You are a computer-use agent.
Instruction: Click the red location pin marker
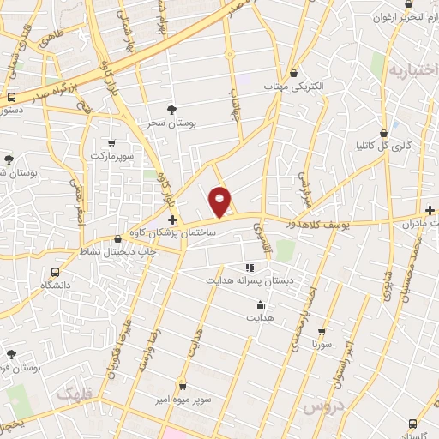tap(220, 200)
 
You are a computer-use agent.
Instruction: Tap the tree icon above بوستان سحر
tap(172, 109)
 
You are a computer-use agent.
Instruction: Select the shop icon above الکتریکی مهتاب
tap(294, 74)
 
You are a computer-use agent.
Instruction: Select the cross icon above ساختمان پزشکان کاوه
tap(173, 220)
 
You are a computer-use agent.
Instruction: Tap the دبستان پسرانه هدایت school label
tap(247, 280)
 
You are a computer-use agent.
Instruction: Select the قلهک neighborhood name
tap(74, 393)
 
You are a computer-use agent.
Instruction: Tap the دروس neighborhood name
tap(325, 404)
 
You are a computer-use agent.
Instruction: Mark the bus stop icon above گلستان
tap(414, 424)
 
